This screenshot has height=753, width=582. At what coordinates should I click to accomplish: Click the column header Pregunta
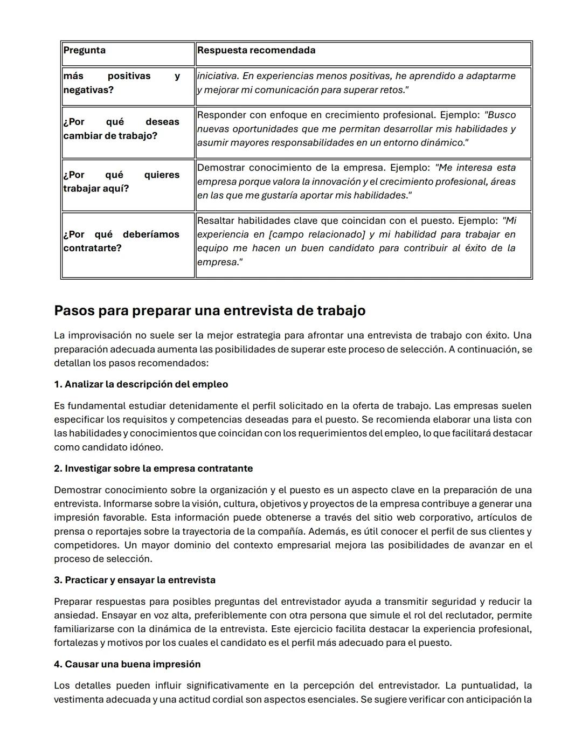click(x=85, y=51)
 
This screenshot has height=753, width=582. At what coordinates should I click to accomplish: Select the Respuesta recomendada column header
click(x=256, y=51)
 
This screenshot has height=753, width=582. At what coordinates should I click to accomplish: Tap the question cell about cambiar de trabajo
click(x=121, y=129)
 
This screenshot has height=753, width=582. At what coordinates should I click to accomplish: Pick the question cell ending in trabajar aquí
click(x=121, y=182)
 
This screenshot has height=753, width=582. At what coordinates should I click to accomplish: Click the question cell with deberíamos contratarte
click(x=121, y=241)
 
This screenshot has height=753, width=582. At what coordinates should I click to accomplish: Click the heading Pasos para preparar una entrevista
click(x=210, y=311)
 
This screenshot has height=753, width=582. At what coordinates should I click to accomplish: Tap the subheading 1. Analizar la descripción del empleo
click(x=141, y=384)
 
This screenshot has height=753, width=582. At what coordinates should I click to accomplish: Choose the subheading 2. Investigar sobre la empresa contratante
click(x=154, y=468)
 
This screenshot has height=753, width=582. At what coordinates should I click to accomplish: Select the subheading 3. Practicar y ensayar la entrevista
click(x=135, y=580)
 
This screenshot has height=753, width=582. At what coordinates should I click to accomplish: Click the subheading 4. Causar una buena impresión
click(x=127, y=664)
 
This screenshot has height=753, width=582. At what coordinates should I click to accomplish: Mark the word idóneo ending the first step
click(x=146, y=447)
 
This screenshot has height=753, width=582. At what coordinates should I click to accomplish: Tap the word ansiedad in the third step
click(x=75, y=616)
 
